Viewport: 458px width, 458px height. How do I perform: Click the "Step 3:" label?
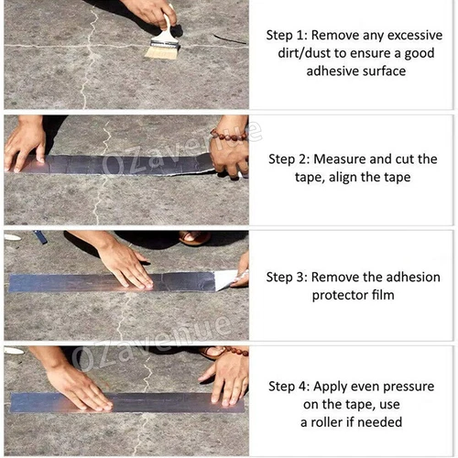point(291,276)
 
